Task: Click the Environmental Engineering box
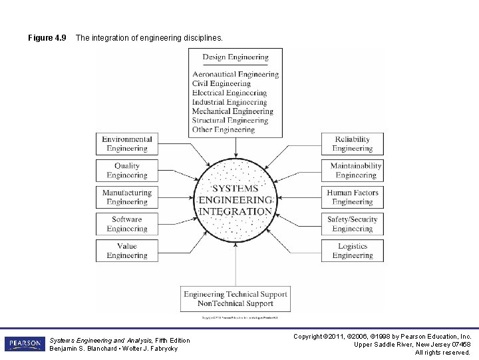pyautogui.click(x=126, y=144)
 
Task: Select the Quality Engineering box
pyautogui.click(x=126, y=171)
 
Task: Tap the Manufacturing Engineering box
pyautogui.click(x=126, y=197)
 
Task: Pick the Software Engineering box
pyautogui.click(x=126, y=224)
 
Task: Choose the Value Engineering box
pyautogui.click(x=126, y=251)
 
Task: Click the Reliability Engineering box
pyautogui.click(x=353, y=144)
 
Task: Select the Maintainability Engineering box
pyautogui.click(x=356, y=171)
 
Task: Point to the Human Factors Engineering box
pyautogui.click(x=353, y=197)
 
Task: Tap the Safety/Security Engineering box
pyautogui.click(x=353, y=224)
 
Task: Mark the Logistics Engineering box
pyautogui.click(x=353, y=251)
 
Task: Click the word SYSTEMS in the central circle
pyautogui.click(x=236, y=189)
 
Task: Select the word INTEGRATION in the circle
pyautogui.click(x=236, y=211)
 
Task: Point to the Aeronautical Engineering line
pyautogui.click(x=236, y=75)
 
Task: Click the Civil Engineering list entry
pyautogui.click(x=221, y=84)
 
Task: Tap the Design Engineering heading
pyautogui.click(x=236, y=57)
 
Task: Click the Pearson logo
pyautogui.click(x=25, y=344)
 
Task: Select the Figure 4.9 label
pyautogui.click(x=47, y=38)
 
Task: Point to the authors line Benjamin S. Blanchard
pyautogui.click(x=113, y=349)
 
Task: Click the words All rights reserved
pyautogui.click(x=442, y=352)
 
